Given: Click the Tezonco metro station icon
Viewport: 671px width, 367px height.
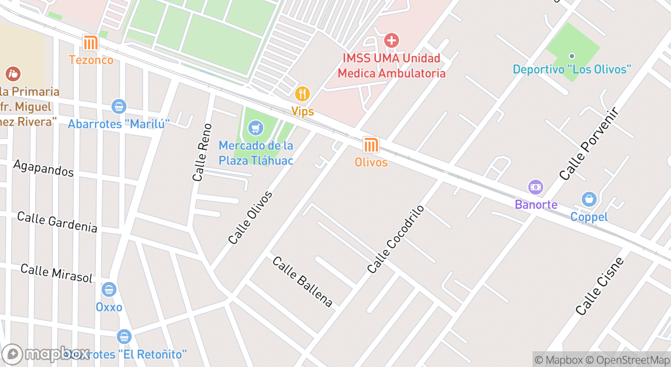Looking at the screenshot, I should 91,43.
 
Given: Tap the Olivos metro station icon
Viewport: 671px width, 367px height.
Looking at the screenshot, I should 371,145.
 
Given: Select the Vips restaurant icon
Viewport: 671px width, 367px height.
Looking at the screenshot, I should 302,94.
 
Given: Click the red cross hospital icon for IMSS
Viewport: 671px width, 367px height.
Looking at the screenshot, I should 391,40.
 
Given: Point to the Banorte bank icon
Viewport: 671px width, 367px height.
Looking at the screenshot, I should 535,187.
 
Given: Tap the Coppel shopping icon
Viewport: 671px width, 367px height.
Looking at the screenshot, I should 589,199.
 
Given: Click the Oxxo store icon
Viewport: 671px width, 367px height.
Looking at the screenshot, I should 109,289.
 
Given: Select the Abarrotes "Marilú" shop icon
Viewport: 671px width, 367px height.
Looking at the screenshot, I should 119,106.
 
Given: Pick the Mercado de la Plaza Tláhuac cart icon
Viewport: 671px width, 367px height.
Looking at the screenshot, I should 256,127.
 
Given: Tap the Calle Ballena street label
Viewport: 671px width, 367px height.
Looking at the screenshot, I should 302,282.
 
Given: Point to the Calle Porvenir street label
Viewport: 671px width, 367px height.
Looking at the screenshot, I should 590,144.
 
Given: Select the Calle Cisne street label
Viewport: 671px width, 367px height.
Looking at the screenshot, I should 600,286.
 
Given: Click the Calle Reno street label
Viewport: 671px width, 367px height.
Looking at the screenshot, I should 202,153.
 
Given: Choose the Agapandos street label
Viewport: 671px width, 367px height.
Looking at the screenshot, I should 44,168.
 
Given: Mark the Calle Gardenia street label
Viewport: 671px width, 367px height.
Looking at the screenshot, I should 57,222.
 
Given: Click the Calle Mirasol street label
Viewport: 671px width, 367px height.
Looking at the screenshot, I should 56,273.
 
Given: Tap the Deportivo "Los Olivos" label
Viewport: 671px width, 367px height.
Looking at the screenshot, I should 571,69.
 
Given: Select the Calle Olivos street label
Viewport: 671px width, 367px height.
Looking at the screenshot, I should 251,218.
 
